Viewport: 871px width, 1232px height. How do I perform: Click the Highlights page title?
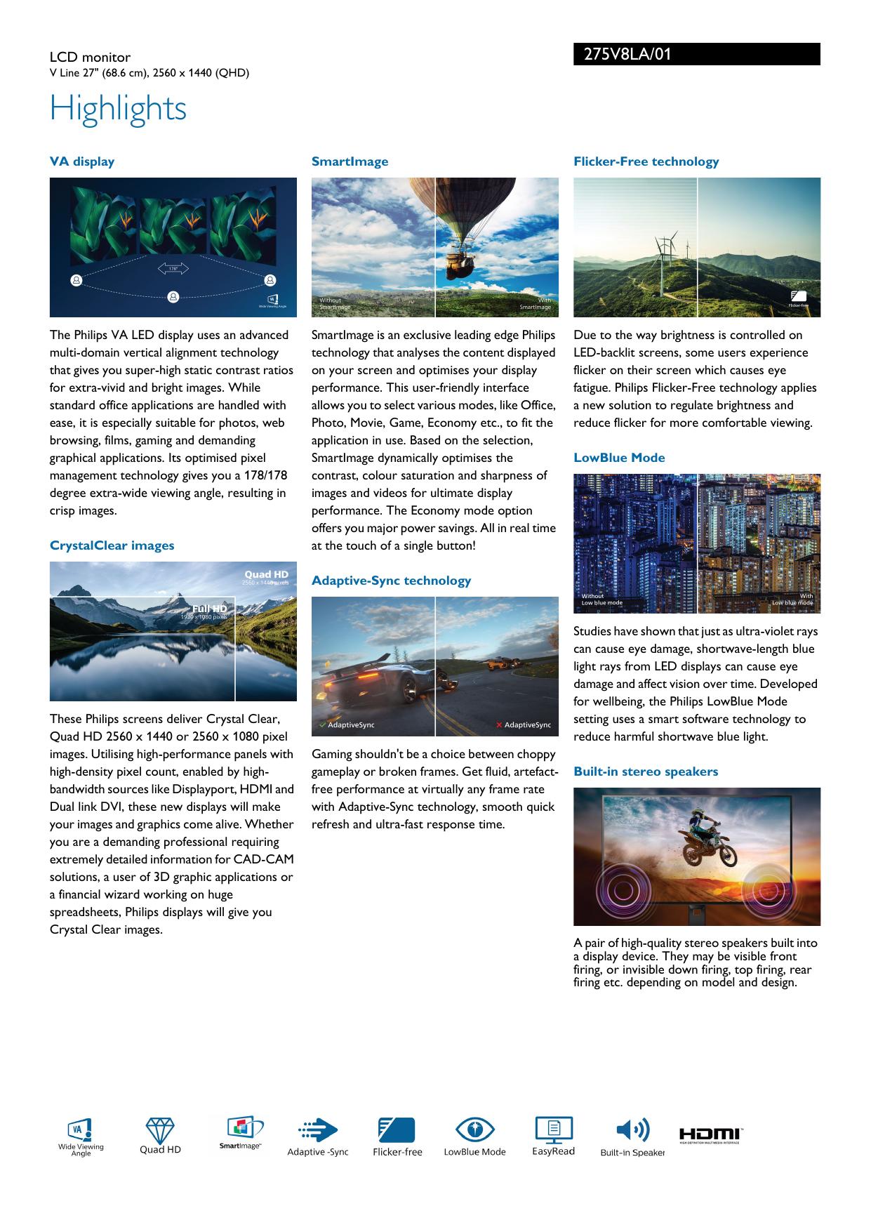[x=118, y=109]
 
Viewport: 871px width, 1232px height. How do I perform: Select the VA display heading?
[x=82, y=161]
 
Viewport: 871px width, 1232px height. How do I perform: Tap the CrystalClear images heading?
[x=112, y=545]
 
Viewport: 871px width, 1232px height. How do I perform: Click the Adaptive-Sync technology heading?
[x=391, y=581]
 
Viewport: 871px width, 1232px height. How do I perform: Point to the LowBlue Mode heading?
[x=619, y=458]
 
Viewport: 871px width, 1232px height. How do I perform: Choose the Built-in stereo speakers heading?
[x=646, y=771]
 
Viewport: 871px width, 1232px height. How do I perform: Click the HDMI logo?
[x=710, y=1134]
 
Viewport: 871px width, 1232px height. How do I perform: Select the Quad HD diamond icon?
[x=160, y=1131]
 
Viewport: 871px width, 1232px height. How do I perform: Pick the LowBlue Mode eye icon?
[x=475, y=1130]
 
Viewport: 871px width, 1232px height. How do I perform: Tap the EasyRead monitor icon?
[x=554, y=1130]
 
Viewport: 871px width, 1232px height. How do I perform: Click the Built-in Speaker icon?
[x=632, y=1130]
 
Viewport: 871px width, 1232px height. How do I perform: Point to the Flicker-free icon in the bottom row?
[x=397, y=1130]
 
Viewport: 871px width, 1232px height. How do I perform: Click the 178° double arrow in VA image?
[x=173, y=268]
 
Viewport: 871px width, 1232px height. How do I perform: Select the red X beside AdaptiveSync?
[x=499, y=724]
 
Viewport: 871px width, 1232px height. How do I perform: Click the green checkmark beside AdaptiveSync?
[x=322, y=724]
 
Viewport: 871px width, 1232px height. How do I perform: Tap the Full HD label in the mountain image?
[x=210, y=608]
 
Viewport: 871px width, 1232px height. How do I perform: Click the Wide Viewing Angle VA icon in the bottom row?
[x=81, y=1130]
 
